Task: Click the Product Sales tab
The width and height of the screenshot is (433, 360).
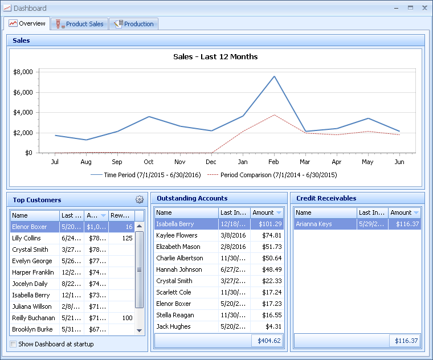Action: click(80, 24)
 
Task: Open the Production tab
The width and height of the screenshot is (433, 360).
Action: click(134, 24)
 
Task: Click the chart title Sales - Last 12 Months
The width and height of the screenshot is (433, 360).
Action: click(215, 56)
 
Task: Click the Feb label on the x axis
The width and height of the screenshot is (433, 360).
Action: click(274, 162)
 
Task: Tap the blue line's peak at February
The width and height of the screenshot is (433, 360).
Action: click(274, 76)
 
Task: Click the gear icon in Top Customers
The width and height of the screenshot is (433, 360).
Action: click(140, 199)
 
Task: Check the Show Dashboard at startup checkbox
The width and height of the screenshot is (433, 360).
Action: click(14, 344)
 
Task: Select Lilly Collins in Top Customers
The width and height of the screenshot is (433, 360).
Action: click(27, 238)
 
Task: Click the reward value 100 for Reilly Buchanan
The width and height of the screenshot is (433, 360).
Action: click(127, 318)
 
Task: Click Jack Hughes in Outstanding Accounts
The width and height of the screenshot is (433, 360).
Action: click(173, 326)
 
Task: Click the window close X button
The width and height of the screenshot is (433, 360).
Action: click(424, 8)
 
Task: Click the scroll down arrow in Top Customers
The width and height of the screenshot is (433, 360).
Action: click(139, 330)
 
